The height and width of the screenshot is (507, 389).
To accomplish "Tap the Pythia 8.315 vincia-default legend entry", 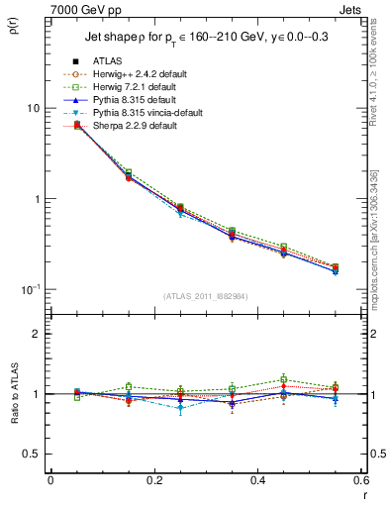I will coord(151,112).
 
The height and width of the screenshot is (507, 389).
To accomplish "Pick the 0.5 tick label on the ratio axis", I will coord(31,454).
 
